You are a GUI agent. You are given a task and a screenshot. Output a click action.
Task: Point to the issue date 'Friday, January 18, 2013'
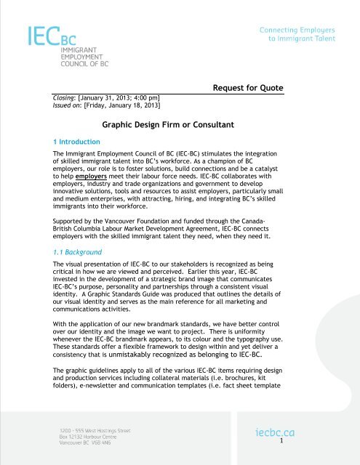pos(124,108)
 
